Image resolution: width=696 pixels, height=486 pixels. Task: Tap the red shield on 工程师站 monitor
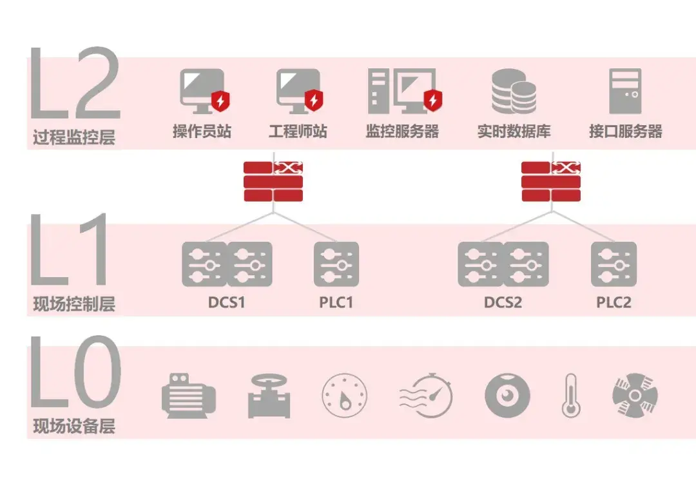pos(314,101)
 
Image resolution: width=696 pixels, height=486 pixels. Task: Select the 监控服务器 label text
pos(402,132)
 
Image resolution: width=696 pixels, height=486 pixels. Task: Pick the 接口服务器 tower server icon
pos(624,91)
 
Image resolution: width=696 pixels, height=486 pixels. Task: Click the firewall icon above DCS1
pos(273,182)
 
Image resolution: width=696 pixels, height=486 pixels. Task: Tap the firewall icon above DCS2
pos(551,182)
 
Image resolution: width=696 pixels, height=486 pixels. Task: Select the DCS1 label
pos(227,302)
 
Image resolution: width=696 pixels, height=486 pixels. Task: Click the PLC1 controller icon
pos(336,264)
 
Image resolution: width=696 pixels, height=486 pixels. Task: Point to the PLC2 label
pos(614,302)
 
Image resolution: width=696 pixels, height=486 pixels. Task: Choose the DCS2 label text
pos(503,302)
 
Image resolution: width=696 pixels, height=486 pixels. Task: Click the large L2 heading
pos(74,84)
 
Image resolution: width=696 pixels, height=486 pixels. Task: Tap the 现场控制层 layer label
pos(74,304)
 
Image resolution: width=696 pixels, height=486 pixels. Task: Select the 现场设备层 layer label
pos(74,426)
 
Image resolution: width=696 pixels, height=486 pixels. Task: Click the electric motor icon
pos(188,395)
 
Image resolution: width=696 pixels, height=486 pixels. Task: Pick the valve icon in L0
pos(269,395)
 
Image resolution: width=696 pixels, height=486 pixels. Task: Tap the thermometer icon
pos(570,394)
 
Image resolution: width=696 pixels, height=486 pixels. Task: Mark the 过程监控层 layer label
pos(74,137)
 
